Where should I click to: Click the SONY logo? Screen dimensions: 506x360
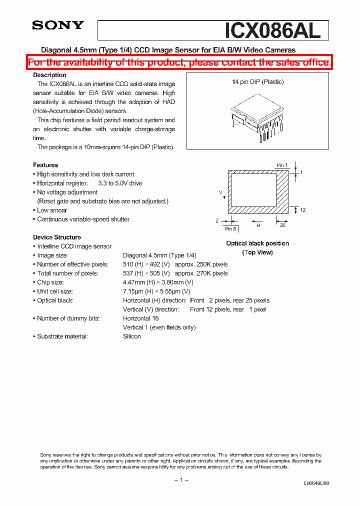point(58,25)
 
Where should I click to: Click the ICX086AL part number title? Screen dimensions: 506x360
point(272,30)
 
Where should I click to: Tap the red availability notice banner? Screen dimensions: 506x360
point(179,62)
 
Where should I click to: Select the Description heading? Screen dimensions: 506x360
point(49,75)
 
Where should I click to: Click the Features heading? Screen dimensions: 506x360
point(45,165)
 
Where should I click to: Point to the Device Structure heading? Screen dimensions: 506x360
point(57,237)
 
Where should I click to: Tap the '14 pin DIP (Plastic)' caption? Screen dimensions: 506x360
point(257,82)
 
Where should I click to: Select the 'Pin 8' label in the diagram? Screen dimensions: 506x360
point(230,228)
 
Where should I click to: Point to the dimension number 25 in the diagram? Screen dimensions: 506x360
point(282,225)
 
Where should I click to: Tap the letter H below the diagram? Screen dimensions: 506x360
point(258,225)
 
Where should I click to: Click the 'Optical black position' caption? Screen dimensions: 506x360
point(257,243)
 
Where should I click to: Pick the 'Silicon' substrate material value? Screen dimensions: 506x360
point(132,336)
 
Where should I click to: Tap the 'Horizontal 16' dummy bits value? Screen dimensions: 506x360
point(141,318)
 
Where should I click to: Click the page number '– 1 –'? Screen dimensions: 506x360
point(181,480)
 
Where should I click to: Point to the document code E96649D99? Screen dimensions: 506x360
point(316,483)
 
